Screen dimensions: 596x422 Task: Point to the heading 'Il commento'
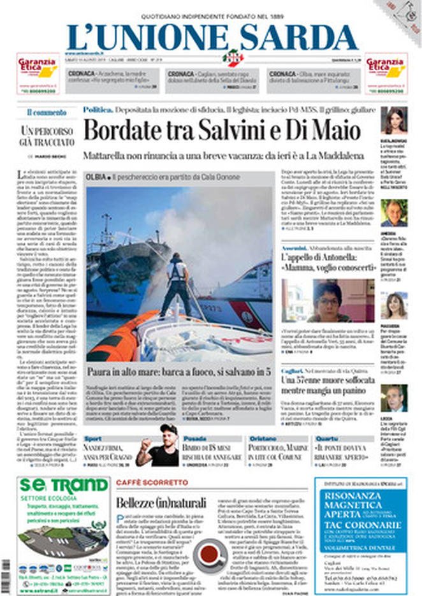click(46, 113)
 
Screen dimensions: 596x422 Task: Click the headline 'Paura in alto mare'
click(180, 370)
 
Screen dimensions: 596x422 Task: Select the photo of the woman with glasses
click(328, 300)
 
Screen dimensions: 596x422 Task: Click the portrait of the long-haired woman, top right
click(393, 120)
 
